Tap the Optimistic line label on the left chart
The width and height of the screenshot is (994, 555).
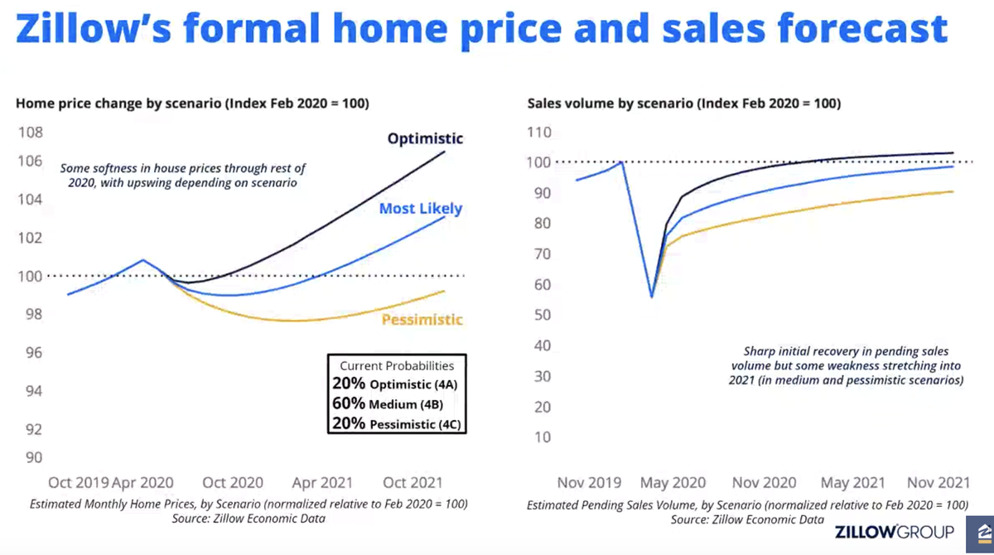425,138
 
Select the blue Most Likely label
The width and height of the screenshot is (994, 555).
420,209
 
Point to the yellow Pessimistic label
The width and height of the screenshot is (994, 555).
422,320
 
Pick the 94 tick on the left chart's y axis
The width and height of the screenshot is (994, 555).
31,391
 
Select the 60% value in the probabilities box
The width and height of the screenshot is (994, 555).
349,404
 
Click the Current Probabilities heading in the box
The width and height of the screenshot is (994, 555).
397,365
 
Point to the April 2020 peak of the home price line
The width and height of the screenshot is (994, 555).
142,260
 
